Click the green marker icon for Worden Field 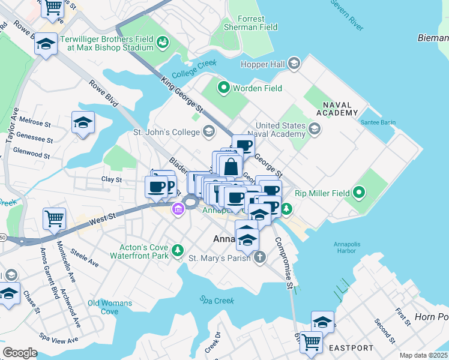click(224, 88)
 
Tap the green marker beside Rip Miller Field click(359, 193)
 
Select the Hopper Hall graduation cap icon click(294, 64)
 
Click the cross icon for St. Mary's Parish click(259, 257)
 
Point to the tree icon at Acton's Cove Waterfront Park click(177, 250)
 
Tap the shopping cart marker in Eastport click(311, 343)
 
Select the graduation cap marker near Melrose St click(83, 123)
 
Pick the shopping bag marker click(231, 166)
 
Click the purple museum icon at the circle click(178, 209)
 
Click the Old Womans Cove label click(109, 307)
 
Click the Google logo click(20, 353)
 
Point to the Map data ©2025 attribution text click(423, 355)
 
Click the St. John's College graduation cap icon click(208, 130)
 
